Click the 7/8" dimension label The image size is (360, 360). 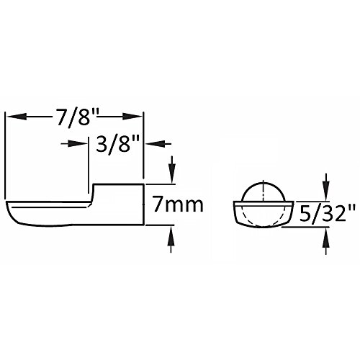tap(76, 117)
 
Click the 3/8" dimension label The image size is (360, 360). tap(117, 144)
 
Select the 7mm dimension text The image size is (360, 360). tap(178, 204)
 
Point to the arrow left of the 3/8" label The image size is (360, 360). tap(73, 144)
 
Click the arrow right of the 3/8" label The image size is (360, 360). tap(158, 144)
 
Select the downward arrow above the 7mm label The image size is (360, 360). tap(172, 169)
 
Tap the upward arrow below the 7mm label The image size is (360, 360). tap(171, 239)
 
